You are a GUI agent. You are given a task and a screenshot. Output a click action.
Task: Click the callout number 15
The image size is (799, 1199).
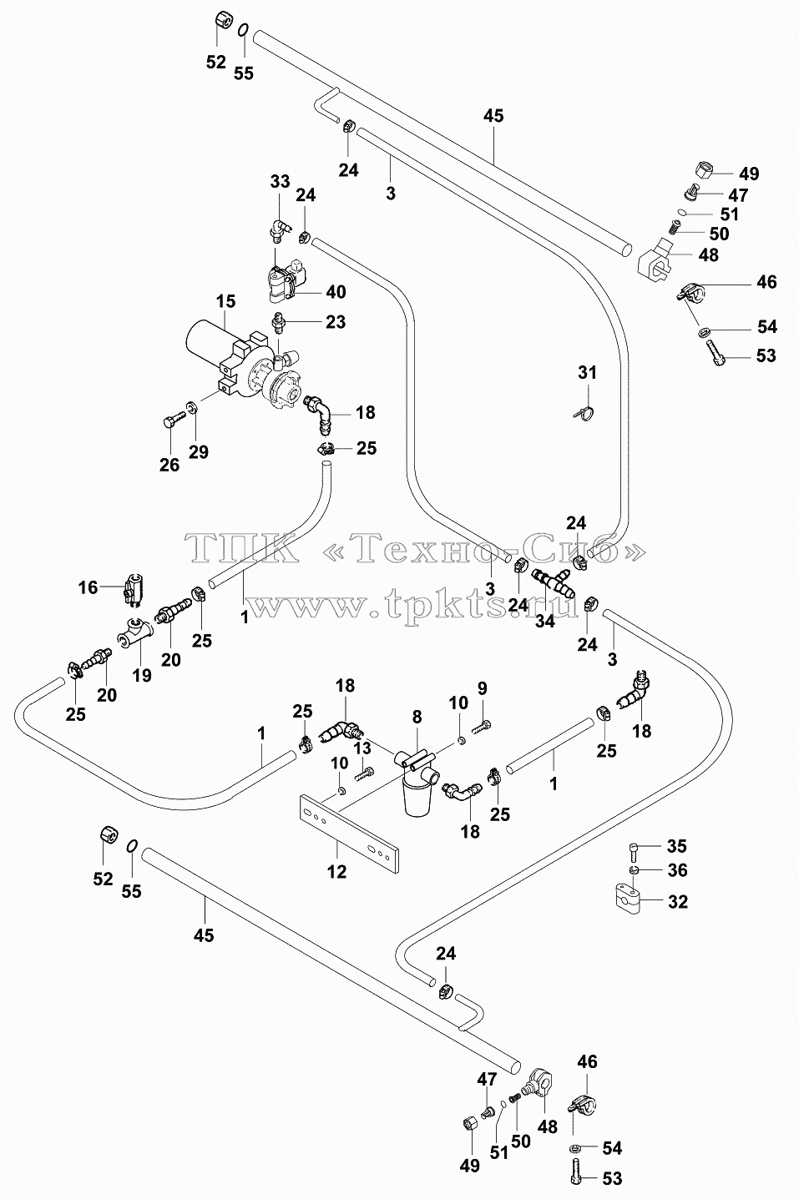(225, 301)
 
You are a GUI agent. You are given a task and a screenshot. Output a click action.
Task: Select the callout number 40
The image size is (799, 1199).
(336, 292)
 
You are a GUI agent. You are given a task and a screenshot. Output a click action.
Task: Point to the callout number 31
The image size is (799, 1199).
(587, 372)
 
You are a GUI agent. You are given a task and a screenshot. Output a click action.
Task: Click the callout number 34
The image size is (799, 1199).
(544, 621)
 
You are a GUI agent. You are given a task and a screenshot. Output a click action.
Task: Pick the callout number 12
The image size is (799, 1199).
(336, 872)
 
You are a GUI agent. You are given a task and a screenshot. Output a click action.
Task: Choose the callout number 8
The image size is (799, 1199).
(417, 717)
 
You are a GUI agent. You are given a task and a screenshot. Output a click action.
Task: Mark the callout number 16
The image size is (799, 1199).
(88, 587)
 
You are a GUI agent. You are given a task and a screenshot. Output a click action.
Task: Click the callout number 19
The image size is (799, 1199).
(142, 675)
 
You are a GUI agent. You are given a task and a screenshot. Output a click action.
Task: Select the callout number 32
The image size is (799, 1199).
(677, 902)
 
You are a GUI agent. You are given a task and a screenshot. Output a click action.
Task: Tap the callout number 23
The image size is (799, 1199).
(336, 322)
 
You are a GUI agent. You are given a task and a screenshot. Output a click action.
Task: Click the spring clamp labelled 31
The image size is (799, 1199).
(584, 412)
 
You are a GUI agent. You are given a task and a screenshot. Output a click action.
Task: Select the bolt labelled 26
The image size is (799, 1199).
(171, 422)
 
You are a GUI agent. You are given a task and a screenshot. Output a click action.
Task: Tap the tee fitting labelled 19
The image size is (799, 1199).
(134, 632)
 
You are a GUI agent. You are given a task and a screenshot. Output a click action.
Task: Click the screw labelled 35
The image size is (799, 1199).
(633, 849)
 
